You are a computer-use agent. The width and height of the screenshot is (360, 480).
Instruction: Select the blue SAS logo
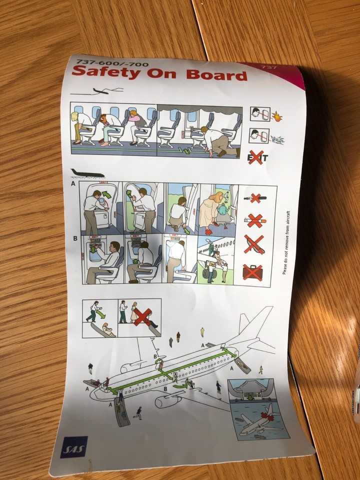pos(74,447)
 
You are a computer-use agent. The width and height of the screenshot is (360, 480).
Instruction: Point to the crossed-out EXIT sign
pos(257,158)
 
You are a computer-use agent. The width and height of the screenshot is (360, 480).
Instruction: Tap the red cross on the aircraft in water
pos(269,410)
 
